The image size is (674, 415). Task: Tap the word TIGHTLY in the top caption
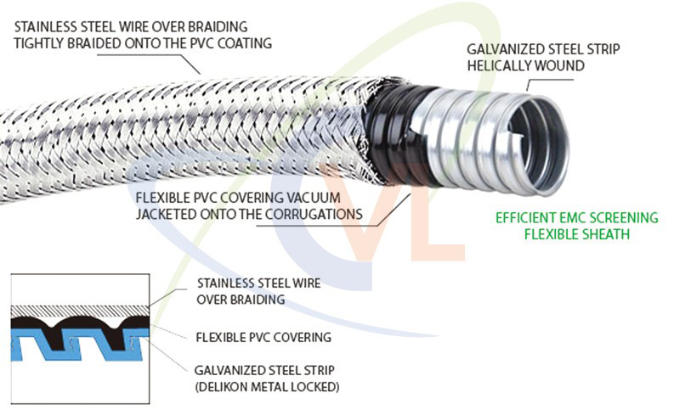tap(39, 42)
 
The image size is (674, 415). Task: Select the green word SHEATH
tap(605, 234)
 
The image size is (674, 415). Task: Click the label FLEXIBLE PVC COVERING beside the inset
tap(263, 337)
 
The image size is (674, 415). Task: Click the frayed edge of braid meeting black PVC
tap(374, 127)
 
